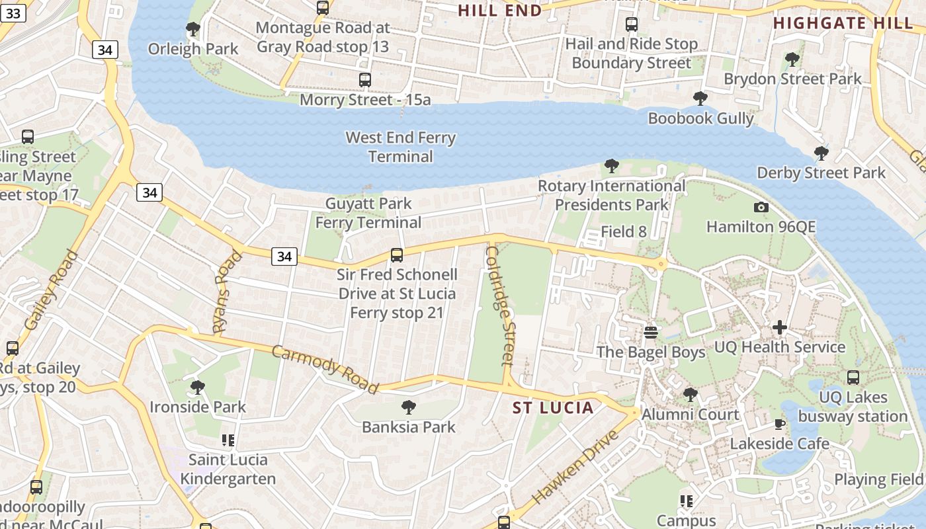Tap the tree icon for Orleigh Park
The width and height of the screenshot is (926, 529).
tap(193, 29)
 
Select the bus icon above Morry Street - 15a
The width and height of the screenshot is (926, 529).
tap(365, 80)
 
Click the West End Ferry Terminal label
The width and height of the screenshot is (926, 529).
tap(401, 147)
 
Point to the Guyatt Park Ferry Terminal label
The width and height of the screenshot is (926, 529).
tap(368, 213)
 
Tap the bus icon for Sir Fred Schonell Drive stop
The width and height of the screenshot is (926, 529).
tap(397, 255)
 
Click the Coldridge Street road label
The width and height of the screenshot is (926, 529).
tap(500, 305)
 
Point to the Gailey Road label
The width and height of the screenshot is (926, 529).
tap(51, 290)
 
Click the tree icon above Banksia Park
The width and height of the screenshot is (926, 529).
tap(409, 407)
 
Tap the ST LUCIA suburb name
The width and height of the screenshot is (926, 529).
tap(553, 407)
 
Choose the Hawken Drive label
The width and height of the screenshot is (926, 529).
tap(575, 466)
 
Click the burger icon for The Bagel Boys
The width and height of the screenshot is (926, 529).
tap(651, 332)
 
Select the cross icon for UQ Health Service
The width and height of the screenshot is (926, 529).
tap(780, 327)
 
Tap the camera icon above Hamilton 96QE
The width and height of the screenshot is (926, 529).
tap(761, 207)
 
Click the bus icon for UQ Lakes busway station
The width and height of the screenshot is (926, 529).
tap(853, 378)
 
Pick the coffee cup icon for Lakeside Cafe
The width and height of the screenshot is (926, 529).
tap(780, 424)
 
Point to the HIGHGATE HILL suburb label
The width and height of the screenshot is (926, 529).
tap(843, 23)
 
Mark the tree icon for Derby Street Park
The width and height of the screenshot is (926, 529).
tap(821, 153)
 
